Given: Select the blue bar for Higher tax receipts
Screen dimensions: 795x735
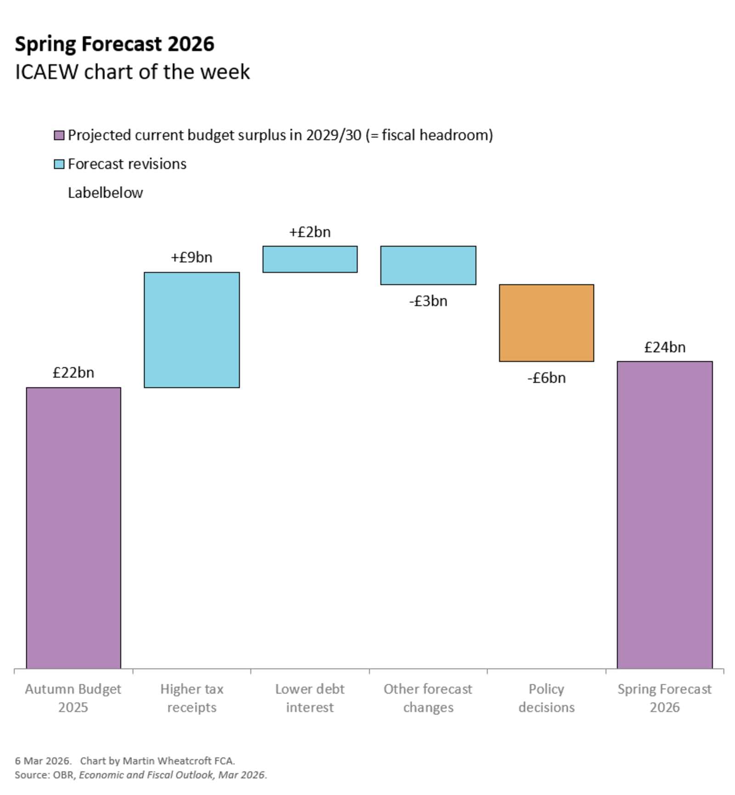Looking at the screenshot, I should [192, 329].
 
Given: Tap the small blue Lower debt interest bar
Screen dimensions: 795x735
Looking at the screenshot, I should [310, 259].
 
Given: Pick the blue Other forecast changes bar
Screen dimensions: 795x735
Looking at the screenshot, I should [428, 265].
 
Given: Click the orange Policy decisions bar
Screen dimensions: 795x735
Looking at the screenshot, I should [546, 323].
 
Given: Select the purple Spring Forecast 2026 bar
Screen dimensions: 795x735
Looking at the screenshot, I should [664, 515].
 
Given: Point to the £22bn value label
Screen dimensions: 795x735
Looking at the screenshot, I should [73, 372].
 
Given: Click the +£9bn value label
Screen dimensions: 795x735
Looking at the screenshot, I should [192, 257].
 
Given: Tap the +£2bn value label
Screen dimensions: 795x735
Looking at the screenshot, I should [310, 232].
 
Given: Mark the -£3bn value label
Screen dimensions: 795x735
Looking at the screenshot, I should [428, 301].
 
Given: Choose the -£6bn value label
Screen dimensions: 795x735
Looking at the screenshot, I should [546, 378].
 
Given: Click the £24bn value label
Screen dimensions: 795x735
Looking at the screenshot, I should [664, 347].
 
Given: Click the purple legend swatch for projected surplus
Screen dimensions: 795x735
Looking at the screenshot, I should [59, 136].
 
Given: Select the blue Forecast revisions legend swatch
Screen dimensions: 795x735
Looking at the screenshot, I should [59, 164].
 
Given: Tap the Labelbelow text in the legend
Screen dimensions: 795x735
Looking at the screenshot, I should [105, 193].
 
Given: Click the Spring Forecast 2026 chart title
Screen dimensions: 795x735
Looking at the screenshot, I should [114, 44].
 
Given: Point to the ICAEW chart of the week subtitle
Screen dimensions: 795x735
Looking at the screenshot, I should [132, 72].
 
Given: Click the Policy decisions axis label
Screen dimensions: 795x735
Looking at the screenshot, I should [546, 698].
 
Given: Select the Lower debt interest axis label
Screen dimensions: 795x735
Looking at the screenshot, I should [310, 698].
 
